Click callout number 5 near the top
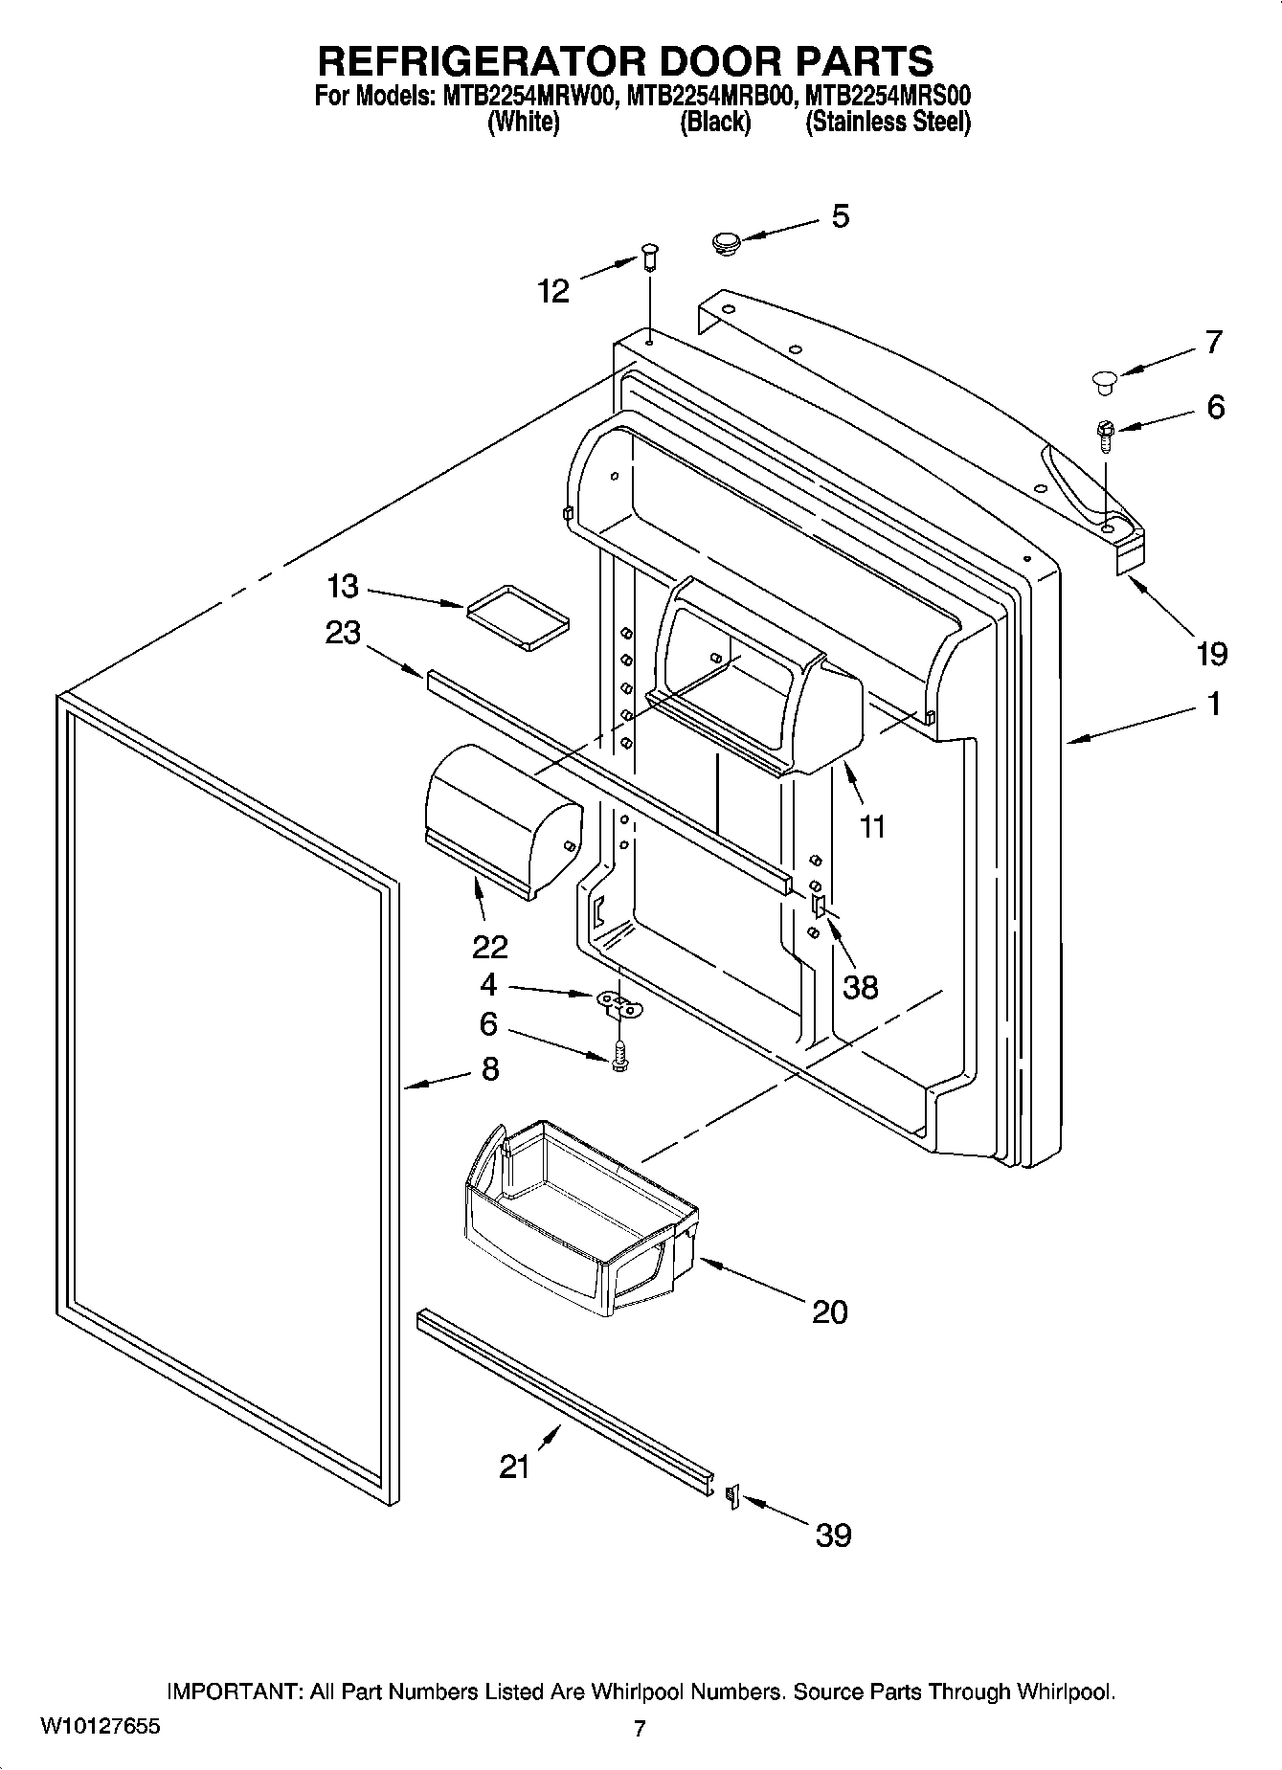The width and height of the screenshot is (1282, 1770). pos(840,217)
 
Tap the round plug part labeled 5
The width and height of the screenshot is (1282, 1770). pos(729,243)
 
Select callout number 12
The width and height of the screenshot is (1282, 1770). pos(554,290)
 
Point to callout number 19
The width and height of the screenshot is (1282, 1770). pos(1211,655)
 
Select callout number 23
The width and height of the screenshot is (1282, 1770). pos(343,633)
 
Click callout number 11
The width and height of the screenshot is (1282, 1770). pos(872,826)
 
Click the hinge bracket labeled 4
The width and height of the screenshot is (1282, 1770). pos(620,1003)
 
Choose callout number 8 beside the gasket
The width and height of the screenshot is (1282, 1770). pos(490,1068)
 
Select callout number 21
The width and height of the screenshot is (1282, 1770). pos(514,1467)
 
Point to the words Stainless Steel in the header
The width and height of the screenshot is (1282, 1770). pos(888,123)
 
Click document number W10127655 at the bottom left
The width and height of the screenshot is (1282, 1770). pos(100,1728)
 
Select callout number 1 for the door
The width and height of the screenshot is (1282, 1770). pos(1213,706)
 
